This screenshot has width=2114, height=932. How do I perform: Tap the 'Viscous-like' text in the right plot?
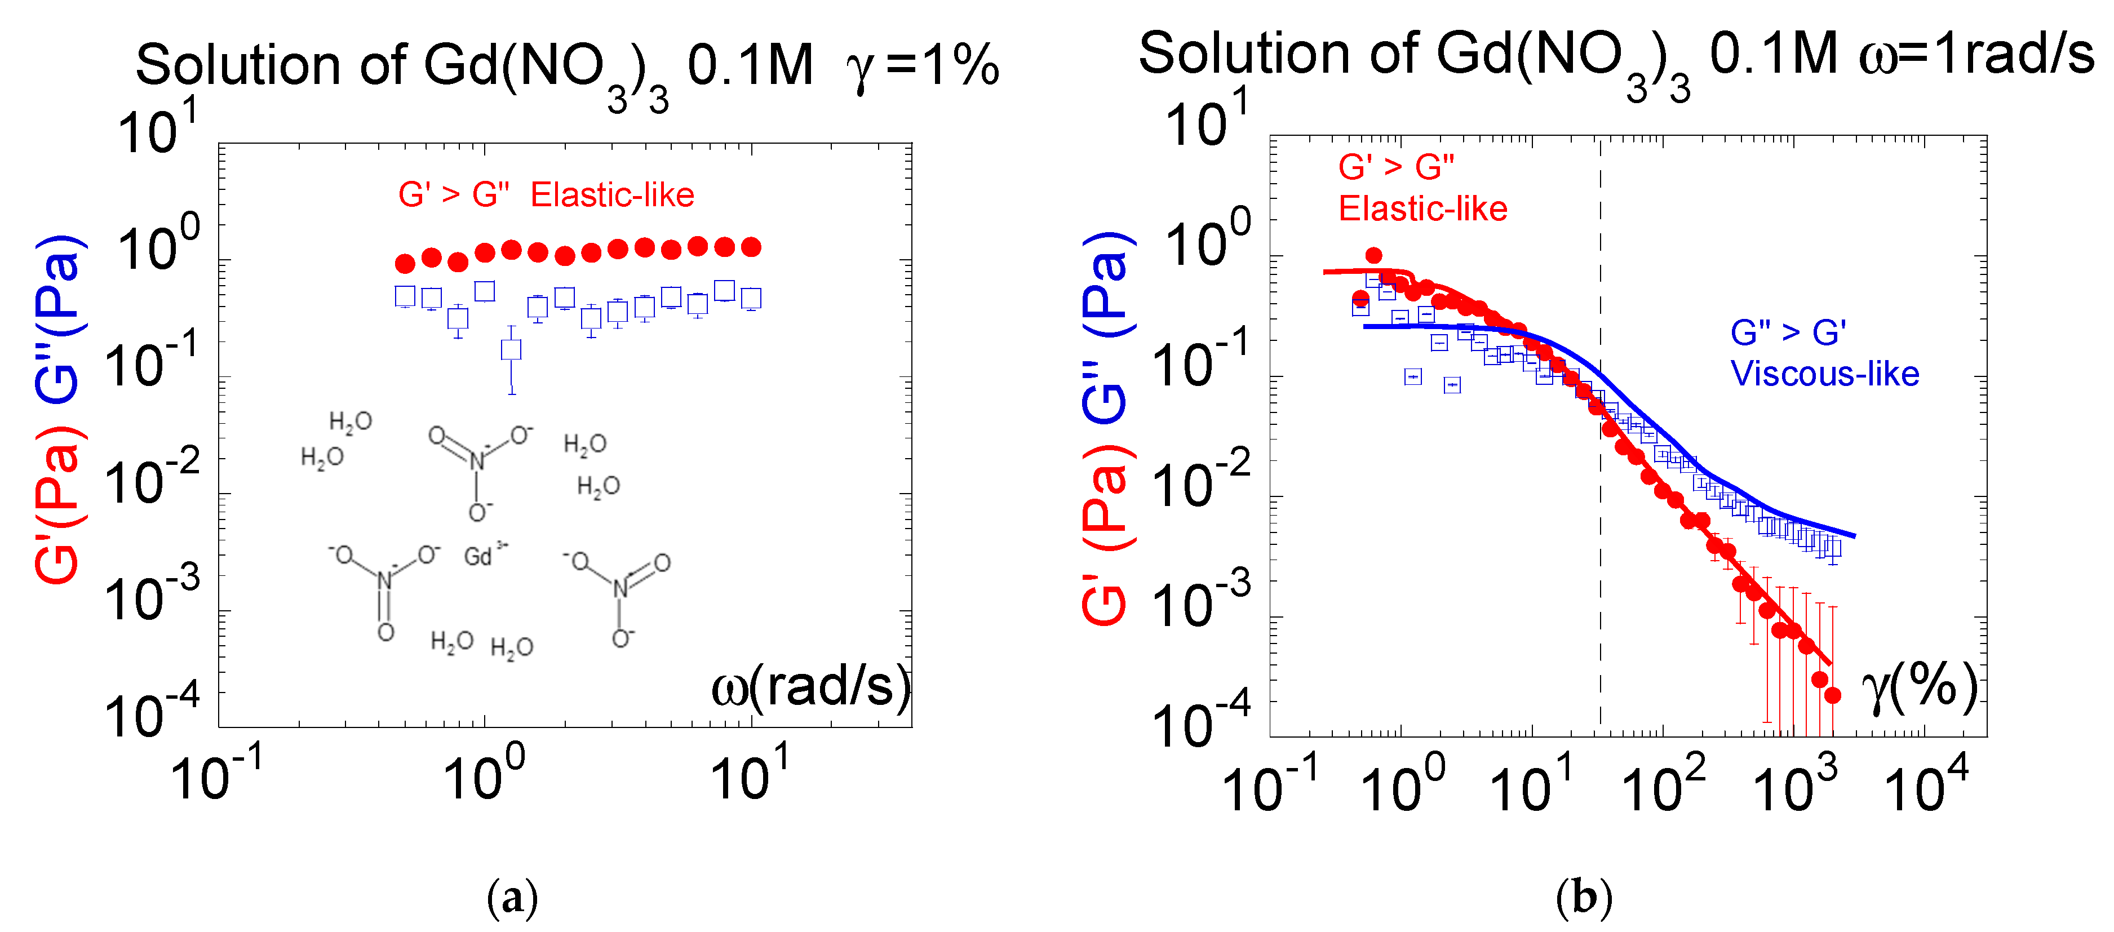1824,374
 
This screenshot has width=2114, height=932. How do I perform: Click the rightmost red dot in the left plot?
751,247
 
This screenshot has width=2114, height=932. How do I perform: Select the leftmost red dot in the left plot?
405,263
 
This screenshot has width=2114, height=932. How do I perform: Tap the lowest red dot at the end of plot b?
1833,695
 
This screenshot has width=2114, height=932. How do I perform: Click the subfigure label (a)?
512,898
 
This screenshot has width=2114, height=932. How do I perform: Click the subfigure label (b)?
1583,898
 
